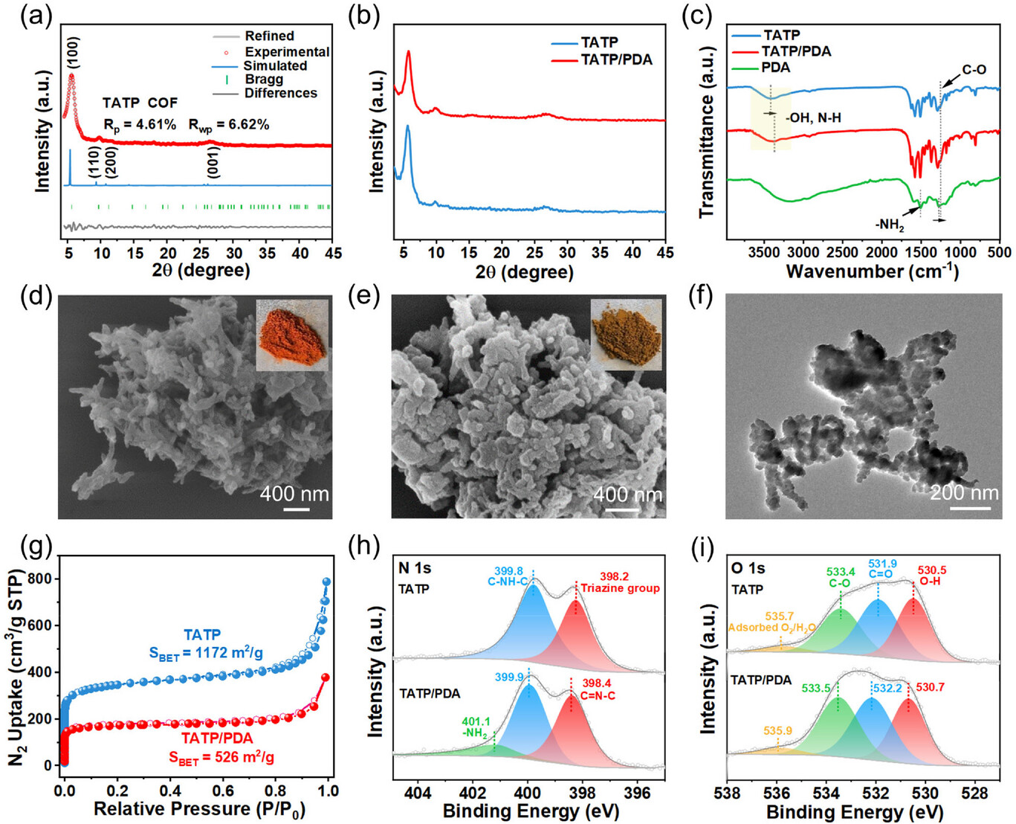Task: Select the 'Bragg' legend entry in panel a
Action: [x=264, y=80]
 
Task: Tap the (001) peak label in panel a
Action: [x=213, y=161]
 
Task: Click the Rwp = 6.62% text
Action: [x=228, y=125]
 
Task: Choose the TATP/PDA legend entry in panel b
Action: [x=616, y=59]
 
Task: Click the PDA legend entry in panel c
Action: [x=776, y=68]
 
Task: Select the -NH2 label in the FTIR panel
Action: [x=889, y=225]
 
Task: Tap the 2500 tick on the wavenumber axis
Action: [x=841, y=252]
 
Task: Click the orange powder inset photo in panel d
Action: [x=292, y=335]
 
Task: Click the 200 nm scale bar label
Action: [x=964, y=492]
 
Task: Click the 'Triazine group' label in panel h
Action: [x=620, y=588]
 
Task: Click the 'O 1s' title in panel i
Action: [x=748, y=568]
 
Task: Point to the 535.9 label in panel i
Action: [x=777, y=731]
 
